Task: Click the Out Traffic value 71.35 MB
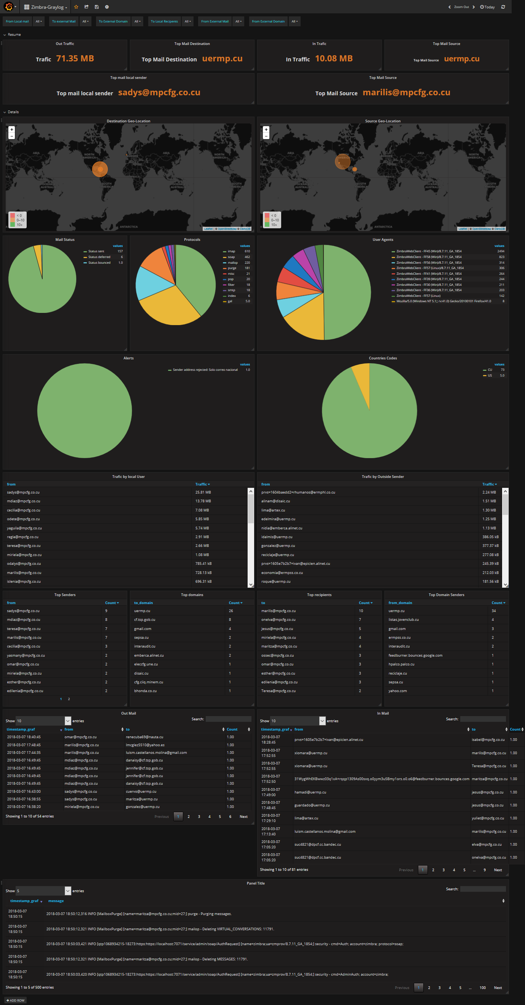click(x=75, y=59)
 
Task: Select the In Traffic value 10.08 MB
click(x=333, y=59)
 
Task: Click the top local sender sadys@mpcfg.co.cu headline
click(x=159, y=93)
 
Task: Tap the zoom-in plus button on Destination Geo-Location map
click(x=12, y=130)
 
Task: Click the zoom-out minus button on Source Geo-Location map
click(x=266, y=136)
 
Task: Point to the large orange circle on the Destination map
click(x=100, y=169)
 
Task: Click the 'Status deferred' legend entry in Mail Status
click(x=99, y=257)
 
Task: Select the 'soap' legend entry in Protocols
click(x=231, y=257)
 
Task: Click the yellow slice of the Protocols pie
click(x=168, y=308)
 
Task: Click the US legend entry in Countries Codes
click(x=490, y=376)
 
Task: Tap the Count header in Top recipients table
click(x=364, y=603)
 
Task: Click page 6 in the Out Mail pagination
click(x=230, y=817)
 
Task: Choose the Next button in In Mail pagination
click(x=498, y=870)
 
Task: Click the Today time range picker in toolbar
click(x=488, y=7)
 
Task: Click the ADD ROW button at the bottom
click(x=16, y=1000)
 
